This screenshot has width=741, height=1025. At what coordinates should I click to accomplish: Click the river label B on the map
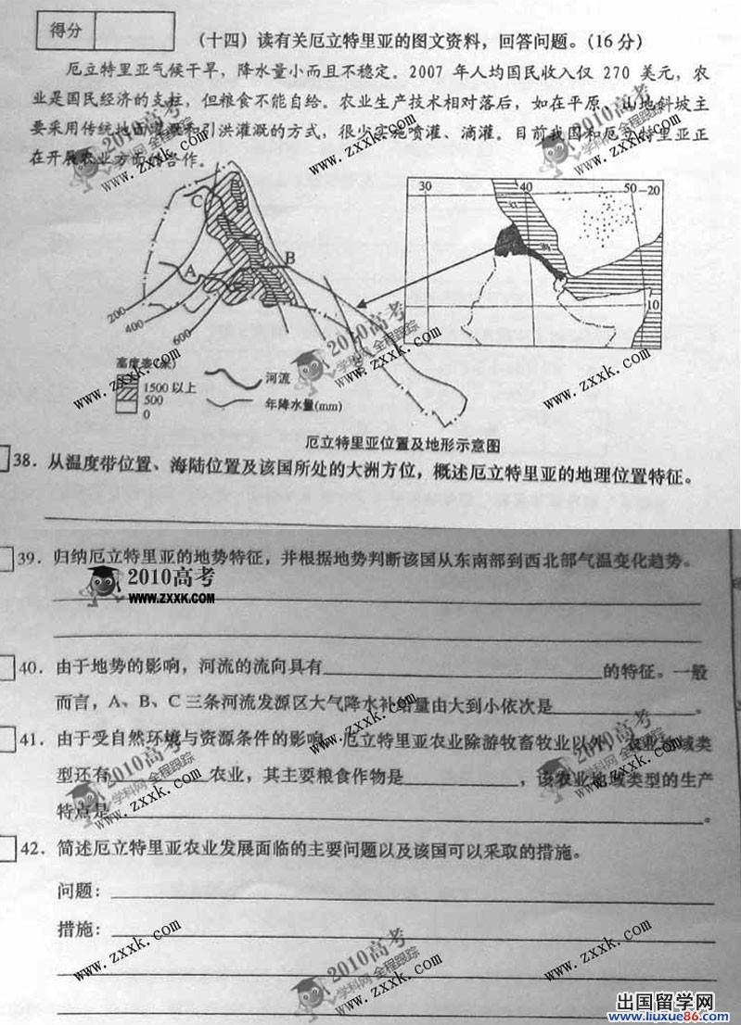pos(289,257)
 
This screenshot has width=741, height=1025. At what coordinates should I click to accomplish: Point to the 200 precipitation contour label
pos(117,314)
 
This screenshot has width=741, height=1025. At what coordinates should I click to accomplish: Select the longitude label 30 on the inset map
pos(426,186)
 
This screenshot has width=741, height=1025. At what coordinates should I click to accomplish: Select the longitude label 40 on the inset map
pos(526,186)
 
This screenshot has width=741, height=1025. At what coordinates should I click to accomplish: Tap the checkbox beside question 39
pos(6,559)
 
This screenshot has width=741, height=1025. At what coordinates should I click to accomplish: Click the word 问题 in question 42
pos(77,892)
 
